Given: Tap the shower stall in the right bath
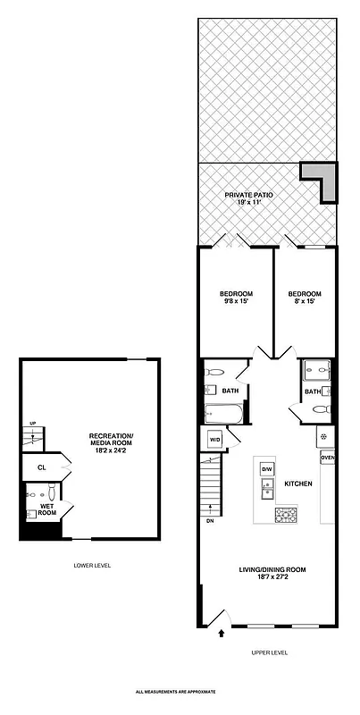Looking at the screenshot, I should (x=316, y=370).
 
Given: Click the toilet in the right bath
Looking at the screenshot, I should (x=322, y=410).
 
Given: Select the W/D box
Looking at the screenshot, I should (x=215, y=440).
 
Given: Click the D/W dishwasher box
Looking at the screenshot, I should (x=265, y=468).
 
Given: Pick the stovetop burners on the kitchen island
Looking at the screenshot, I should (x=285, y=514).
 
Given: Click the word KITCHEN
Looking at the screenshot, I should (x=297, y=484).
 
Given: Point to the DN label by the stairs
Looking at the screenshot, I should (x=210, y=520).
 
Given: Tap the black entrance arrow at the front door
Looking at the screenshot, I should (x=222, y=635).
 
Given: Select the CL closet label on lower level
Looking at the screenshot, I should (x=41, y=467).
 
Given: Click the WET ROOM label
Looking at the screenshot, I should (x=47, y=509).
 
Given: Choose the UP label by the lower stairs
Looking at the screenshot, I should (x=33, y=423).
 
